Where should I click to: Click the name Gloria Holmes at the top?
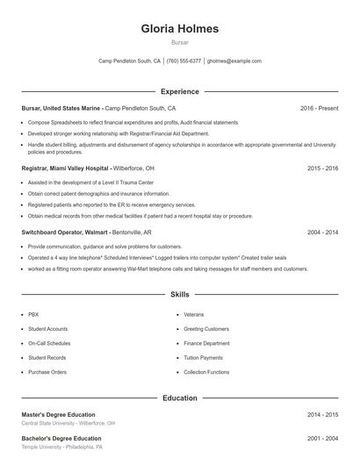point(180,28)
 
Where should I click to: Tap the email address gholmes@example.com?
point(234,61)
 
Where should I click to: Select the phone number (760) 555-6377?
point(184,61)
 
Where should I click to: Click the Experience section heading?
point(180,91)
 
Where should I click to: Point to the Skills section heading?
point(180,295)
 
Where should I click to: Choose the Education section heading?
point(180,397)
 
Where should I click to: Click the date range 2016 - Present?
point(319,108)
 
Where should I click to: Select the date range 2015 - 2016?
point(323,168)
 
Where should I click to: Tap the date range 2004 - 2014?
point(323,232)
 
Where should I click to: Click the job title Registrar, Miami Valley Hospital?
point(66,168)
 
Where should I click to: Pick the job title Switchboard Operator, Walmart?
point(66,232)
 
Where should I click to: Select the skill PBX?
point(33,313)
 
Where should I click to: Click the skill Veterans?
point(194,313)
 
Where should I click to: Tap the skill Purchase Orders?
point(47,372)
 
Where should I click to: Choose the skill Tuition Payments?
point(203,358)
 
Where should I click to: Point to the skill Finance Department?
point(207,343)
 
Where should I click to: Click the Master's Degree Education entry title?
point(58,414)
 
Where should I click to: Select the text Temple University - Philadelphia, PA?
point(62,447)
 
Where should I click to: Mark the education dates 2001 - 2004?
point(323,438)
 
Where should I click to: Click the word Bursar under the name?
point(180,42)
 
